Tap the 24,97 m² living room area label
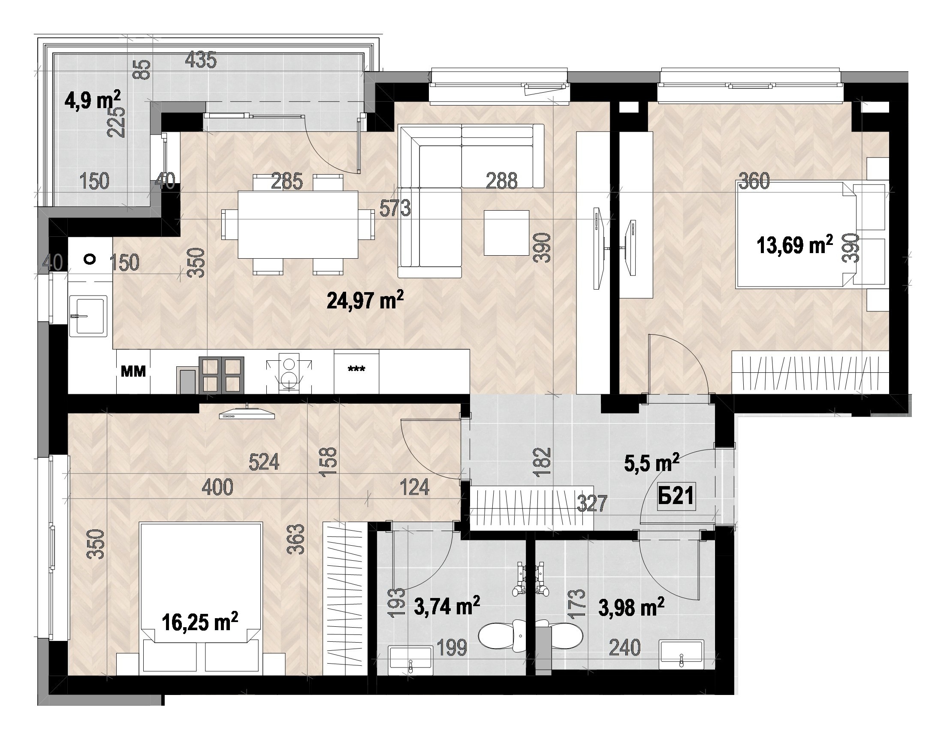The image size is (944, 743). pyautogui.click(x=365, y=300)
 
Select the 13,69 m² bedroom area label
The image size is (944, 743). pyautogui.click(x=795, y=245)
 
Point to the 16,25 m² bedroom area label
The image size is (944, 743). pyautogui.click(x=199, y=622)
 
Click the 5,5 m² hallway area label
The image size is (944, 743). pyautogui.click(x=651, y=463)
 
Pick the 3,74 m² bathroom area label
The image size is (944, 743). pyautogui.click(x=447, y=606)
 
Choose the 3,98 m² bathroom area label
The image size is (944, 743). pyautogui.click(x=631, y=607)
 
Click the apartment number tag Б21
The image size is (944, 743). pyautogui.click(x=676, y=496)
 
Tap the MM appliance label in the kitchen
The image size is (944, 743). pyautogui.click(x=133, y=371)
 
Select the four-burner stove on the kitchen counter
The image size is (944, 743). pyautogui.click(x=221, y=375)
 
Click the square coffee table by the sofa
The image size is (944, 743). pyautogui.click(x=507, y=233)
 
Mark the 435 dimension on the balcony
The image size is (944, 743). pyautogui.click(x=200, y=60)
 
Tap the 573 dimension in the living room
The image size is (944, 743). pyautogui.click(x=395, y=208)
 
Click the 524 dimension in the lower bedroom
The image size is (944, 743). pyautogui.click(x=264, y=462)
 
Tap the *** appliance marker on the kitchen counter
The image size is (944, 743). pyautogui.click(x=356, y=369)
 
